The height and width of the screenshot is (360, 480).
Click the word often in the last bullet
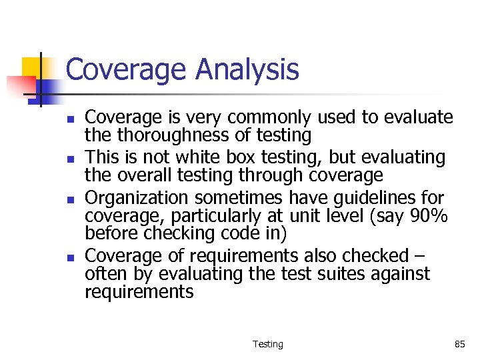(103, 274)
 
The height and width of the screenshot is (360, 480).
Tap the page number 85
(459, 345)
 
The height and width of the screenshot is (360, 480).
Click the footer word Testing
(267, 345)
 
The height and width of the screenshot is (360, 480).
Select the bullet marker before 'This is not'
(69, 159)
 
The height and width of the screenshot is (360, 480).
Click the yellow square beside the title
(33, 67)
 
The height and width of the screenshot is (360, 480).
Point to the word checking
(173, 235)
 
